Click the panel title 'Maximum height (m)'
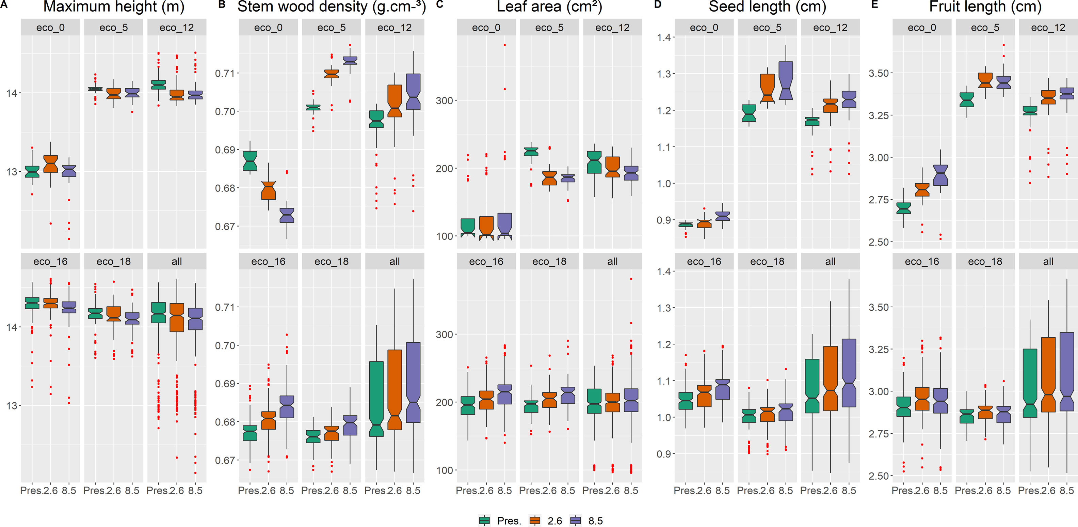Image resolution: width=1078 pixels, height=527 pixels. [114, 7]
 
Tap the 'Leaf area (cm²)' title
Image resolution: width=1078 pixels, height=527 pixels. [549, 7]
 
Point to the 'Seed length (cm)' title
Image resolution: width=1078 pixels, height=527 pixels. [767, 7]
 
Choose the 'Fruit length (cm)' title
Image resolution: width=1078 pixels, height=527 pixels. [985, 7]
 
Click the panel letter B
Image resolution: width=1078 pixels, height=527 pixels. [222, 5]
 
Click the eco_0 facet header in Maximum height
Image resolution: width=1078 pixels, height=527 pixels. [50, 28]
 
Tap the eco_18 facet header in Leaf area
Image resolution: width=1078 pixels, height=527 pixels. [549, 261]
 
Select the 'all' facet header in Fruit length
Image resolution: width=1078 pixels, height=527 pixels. [1048, 261]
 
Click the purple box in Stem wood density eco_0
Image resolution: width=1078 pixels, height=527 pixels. [287, 215]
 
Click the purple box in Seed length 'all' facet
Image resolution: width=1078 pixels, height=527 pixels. [849, 373]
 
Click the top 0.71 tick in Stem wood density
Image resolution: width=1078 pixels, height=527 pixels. [224, 73]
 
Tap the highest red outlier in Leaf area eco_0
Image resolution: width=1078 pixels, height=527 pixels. [505, 45]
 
